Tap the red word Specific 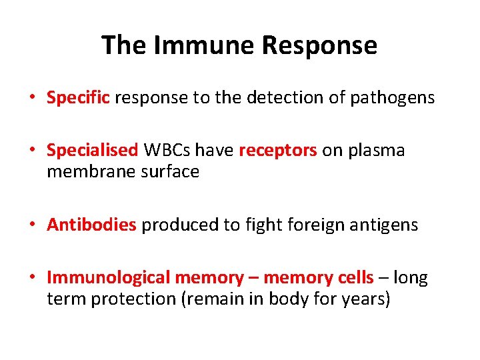coord(78,98)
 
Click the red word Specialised coord(92,151)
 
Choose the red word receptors coord(278,151)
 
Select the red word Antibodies coord(91,225)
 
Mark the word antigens coord(388,225)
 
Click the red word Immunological coord(108,277)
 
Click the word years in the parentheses coord(364,299)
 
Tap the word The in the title coord(124,45)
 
